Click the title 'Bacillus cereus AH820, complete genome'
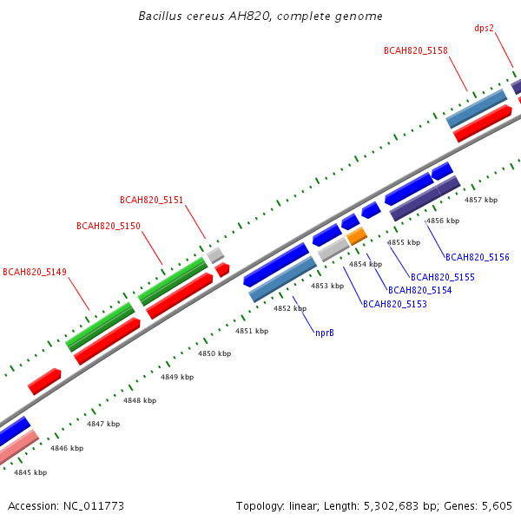[260, 16]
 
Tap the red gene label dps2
[485, 29]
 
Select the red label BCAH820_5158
[416, 50]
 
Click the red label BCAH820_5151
[151, 200]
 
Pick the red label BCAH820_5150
[109, 226]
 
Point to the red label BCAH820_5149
[35, 272]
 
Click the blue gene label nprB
[325, 333]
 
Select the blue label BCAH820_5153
[395, 304]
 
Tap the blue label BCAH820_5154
[420, 290]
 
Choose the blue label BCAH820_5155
[443, 277]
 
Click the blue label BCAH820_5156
[477, 257]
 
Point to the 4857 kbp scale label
[481, 200]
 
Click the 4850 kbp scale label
[214, 353]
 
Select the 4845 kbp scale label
[30, 472]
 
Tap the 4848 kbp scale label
[140, 400]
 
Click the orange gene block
[357, 236]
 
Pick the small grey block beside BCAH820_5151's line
[215, 255]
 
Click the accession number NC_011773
[94, 506]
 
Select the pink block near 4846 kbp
[17, 446]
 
